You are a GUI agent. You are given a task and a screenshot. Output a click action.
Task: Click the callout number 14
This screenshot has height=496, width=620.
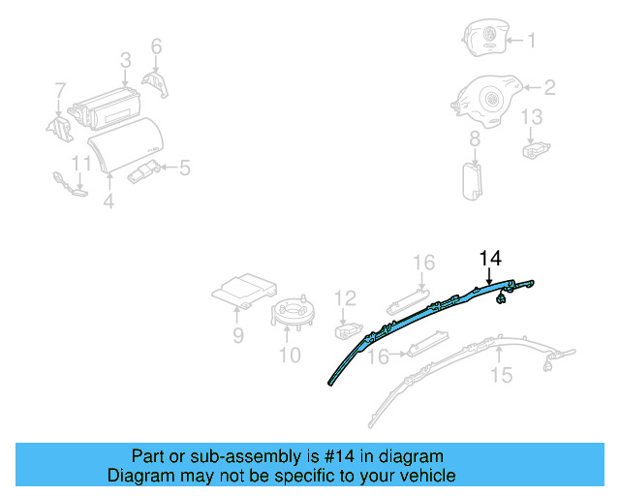(x=491, y=258)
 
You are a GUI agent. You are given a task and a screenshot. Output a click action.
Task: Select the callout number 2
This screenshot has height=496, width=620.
(x=548, y=89)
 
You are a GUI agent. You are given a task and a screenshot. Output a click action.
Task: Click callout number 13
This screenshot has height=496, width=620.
(x=533, y=117)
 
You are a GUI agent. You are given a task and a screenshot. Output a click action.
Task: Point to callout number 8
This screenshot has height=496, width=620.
(x=475, y=140)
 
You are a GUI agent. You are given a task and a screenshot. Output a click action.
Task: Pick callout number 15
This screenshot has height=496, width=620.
(x=501, y=375)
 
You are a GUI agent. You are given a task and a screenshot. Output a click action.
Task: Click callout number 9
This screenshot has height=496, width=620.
(x=237, y=336)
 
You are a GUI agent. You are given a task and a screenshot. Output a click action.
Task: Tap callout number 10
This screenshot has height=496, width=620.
(x=290, y=355)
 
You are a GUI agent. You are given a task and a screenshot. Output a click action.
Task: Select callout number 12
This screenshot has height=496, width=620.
(x=346, y=297)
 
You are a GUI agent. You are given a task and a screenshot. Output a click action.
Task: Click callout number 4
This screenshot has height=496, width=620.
(x=108, y=201)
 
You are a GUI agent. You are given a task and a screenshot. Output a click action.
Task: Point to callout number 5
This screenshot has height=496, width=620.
(x=183, y=168)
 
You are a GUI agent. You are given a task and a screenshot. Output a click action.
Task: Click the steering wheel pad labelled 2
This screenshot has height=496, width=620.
(x=488, y=100)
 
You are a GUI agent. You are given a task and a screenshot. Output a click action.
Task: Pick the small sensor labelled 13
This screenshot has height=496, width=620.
(x=535, y=149)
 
